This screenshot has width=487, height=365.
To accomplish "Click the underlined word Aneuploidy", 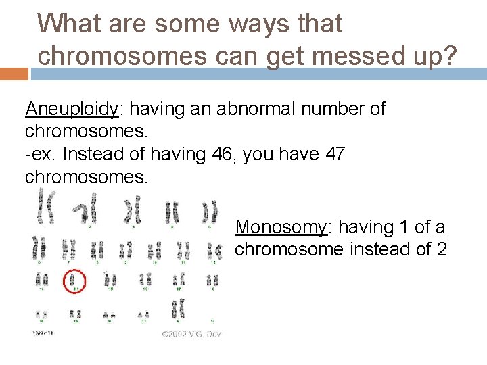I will (72, 109).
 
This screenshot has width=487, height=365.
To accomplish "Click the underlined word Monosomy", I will (281, 228).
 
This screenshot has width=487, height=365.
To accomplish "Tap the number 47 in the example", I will (334, 154).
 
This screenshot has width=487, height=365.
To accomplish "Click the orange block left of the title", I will (14, 73).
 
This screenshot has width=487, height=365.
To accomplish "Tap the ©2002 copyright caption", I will (191, 333).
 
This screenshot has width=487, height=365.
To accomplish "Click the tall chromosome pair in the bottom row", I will (178, 310).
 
